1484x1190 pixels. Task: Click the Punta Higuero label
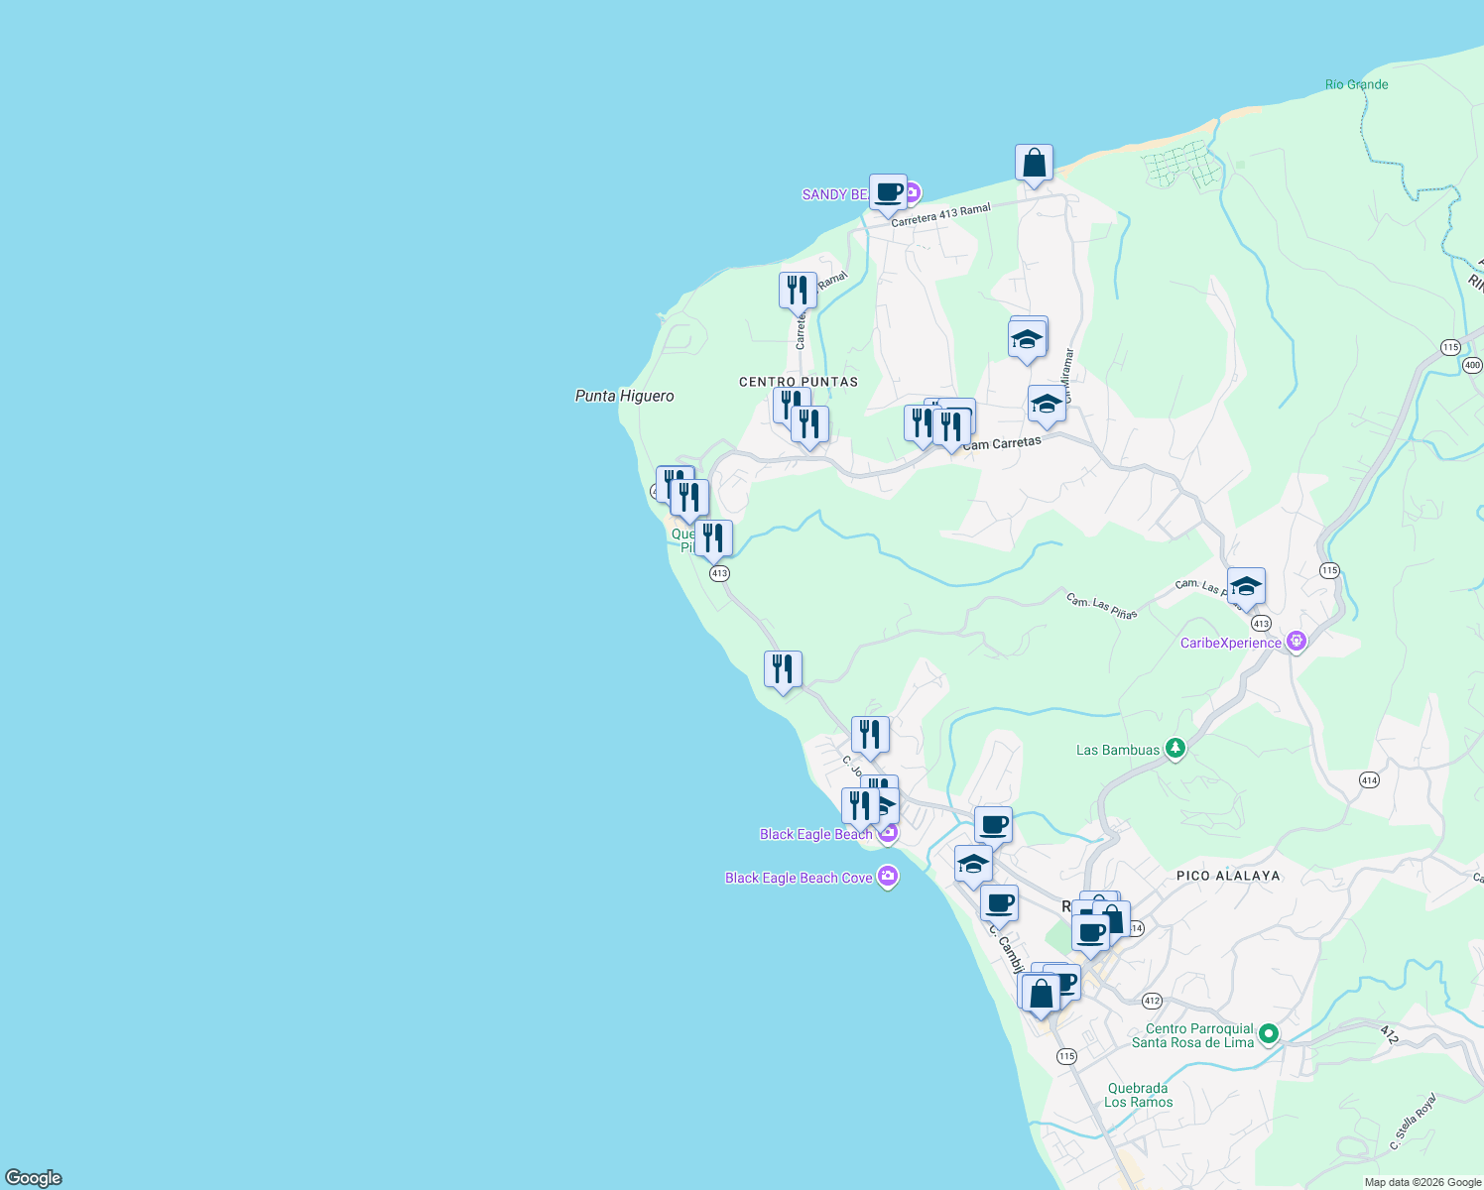coord(624,396)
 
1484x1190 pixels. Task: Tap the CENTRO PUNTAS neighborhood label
coord(799,382)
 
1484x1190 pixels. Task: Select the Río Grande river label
coord(1356,84)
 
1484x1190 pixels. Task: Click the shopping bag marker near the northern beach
coord(1034,164)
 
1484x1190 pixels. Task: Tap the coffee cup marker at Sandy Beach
coord(888,193)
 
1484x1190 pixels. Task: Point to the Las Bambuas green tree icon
coord(1175,749)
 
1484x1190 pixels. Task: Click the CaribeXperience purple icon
coord(1296,643)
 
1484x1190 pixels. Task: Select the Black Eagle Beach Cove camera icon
coord(888,877)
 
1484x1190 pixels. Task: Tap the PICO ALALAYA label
coord(1228,876)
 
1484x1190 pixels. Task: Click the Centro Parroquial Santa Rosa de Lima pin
coord(1268,1035)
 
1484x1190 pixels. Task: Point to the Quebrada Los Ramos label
coord(1138,1095)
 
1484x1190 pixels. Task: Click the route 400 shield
coord(1472,365)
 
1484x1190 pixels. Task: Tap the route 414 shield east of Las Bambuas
coord(1369,780)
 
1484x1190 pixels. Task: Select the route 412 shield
coord(1151,1001)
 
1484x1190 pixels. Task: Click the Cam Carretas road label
coord(1002,443)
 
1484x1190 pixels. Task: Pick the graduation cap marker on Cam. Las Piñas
coord(1246,587)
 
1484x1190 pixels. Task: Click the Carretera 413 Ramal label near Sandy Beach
coord(940,215)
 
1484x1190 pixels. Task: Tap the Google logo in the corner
coord(34,1178)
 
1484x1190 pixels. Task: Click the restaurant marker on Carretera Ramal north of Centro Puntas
coord(798,291)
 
